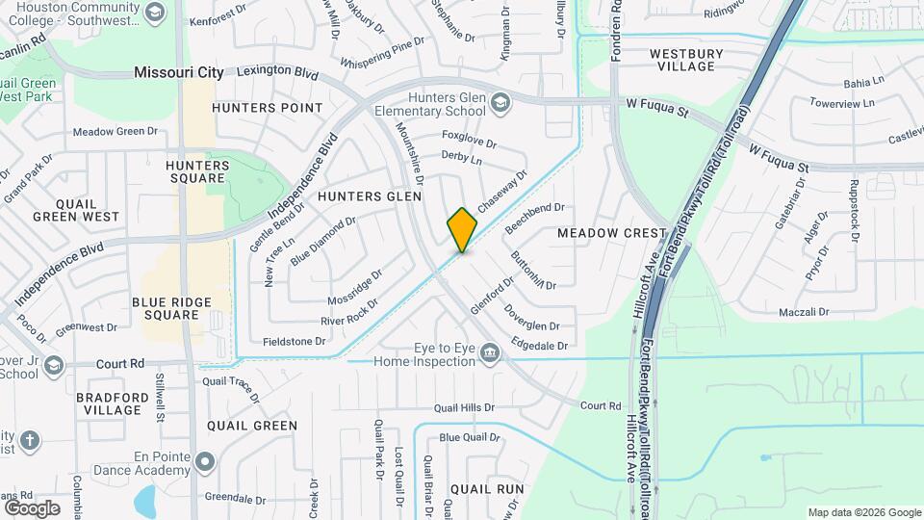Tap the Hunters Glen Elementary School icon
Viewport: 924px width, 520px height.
click(x=500, y=101)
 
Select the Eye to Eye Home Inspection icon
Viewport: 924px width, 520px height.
click(x=490, y=353)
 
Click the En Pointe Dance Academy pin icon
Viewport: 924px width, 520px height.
click(x=203, y=463)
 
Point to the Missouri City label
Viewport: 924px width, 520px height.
click(x=179, y=72)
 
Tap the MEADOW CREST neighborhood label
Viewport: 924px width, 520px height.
click(x=611, y=233)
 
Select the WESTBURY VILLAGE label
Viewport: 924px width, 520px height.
click(x=681, y=60)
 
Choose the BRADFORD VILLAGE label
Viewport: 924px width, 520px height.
click(x=113, y=403)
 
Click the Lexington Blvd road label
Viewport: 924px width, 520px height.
click(x=277, y=72)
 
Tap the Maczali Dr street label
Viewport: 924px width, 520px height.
click(x=804, y=312)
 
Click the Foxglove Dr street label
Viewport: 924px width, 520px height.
click(x=469, y=140)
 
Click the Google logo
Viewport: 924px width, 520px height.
click(x=32, y=507)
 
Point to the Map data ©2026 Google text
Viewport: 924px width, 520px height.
click(x=862, y=512)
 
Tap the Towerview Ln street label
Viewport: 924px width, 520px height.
click(x=841, y=103)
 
